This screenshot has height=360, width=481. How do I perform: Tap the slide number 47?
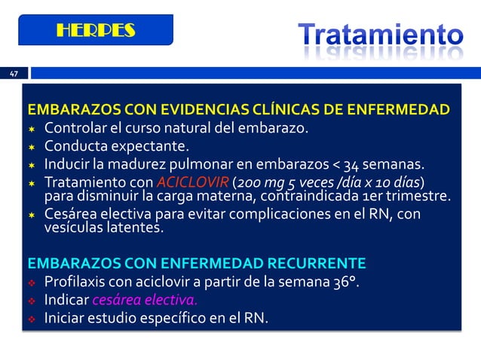pyautogui.click(x=14, y=74)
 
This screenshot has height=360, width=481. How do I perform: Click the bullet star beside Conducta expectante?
pyautogui.click(x=32, y=146)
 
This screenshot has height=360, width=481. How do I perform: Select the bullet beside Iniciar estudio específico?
pyautogui.click(x=32, y=319)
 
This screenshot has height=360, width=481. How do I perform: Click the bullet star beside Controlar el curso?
pyautogui.click(x=32, y=128)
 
